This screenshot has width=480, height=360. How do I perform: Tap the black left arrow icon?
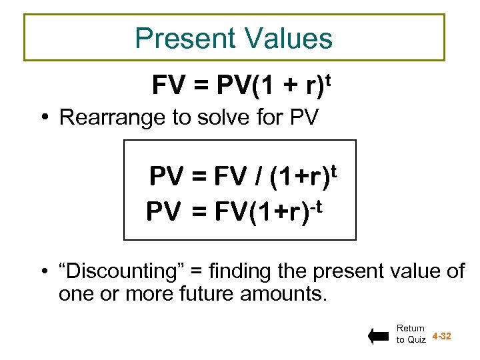pos(378,337)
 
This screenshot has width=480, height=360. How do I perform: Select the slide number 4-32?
pos(442,336)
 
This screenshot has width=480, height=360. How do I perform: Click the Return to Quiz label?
pos(410,334)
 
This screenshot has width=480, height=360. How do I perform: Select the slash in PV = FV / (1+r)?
pos(256,178)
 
